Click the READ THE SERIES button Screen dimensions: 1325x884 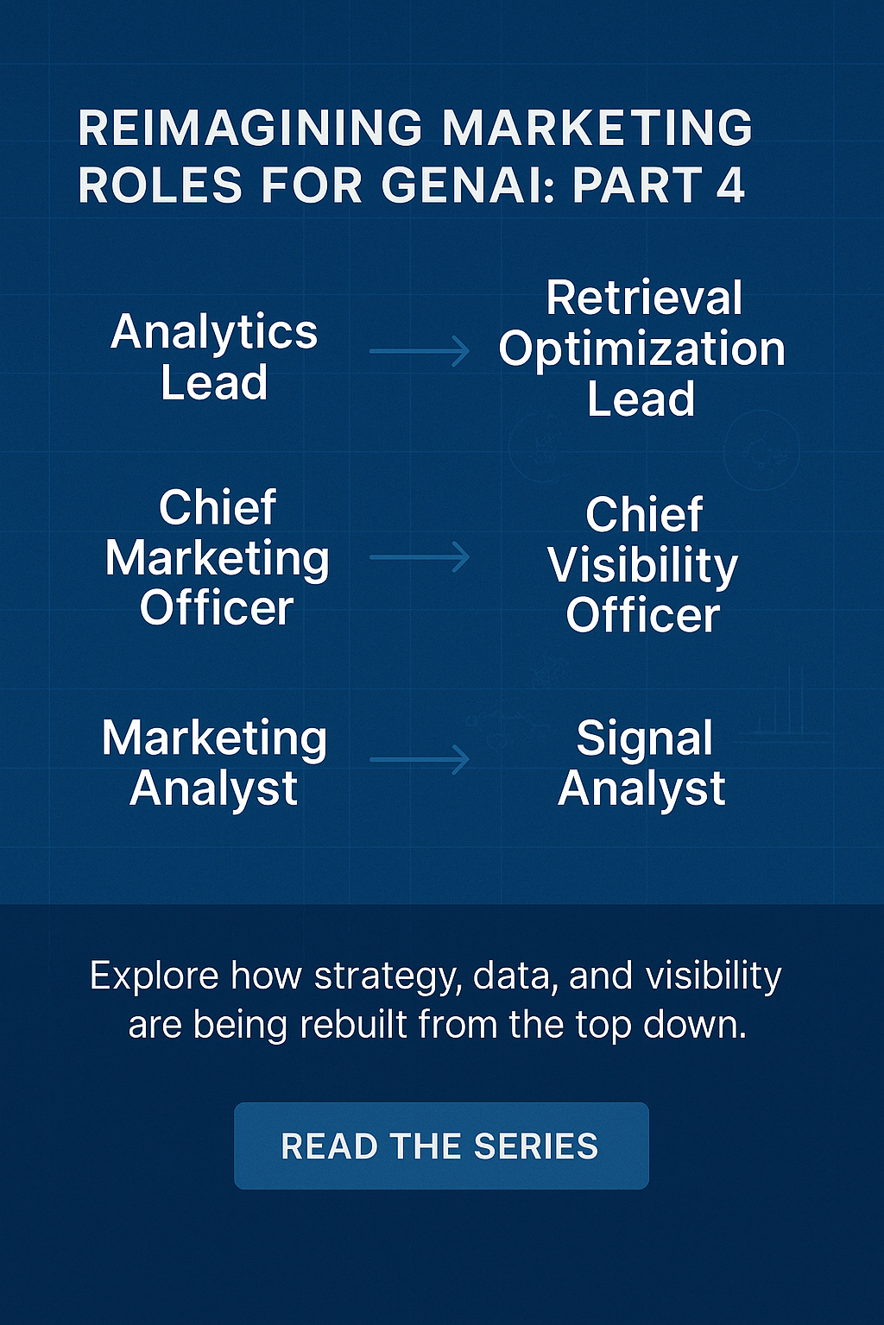pyautogui.click(x=441, y=1146)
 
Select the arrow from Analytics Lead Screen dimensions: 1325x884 pyautogui.click(x=420, y=351)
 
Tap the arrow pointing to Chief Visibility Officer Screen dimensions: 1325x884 pyautogui.click(x=420, y=557)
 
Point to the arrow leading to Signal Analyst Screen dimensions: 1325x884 pyautogui.click(x=420, y=760)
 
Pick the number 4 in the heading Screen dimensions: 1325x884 pyautogui.click(x=730, y=185)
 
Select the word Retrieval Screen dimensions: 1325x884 pyautogui.click(x=644, y=298)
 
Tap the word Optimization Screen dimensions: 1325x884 pyautogui.click(x=641, y=349)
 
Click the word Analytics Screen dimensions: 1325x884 pyautogui.click(x=214, y=333)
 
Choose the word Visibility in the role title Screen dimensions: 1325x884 pyautogui.click(x=642, y=566)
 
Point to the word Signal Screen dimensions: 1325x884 pyautogui.click(x=644, y=739)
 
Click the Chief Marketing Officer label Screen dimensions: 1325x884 pyautogui.click(x=217, y=557)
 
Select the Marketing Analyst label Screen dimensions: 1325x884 pyautogui.click(x=214, y=763)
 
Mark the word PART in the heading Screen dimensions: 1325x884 pyautogui.click(x=635, y=185)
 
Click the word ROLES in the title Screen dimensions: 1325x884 pyautogui.click(x=161, y=185)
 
